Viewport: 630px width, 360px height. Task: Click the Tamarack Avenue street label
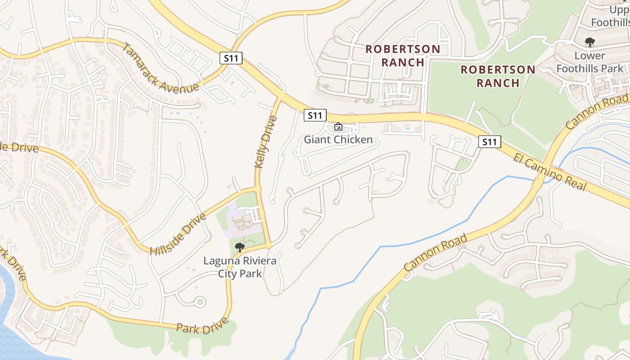[160, 68]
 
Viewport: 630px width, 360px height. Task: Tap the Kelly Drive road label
[266, 142]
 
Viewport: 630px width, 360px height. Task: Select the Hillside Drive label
[178, 234]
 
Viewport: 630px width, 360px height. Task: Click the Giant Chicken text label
[338, 139]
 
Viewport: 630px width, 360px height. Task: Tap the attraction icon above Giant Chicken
[338, 127]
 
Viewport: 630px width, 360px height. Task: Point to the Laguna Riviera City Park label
[240, 267]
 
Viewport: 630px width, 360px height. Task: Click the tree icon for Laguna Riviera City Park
[240, 247]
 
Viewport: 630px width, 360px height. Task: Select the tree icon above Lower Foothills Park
[589, 43]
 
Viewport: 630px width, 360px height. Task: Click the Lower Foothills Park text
[589, 63]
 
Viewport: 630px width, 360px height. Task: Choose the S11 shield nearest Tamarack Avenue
[231, 58]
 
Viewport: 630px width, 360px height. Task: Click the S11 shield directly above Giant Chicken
[315, 115]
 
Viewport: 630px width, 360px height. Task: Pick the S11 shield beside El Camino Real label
[489, 142]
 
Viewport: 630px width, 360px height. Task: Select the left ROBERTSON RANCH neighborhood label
[403, 55]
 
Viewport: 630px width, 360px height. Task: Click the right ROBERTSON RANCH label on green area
[498, 76]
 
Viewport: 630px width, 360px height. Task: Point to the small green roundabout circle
[200, 301]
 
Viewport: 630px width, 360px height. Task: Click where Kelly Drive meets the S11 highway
[280, 98]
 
